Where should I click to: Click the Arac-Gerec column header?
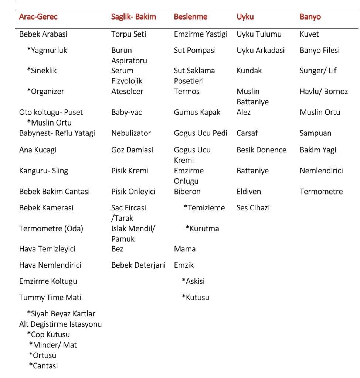[38, 17]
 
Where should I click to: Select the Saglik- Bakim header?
[133, 17]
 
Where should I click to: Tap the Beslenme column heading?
[190, 17]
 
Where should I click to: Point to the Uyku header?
[245, 17]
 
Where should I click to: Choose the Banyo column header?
[310, 17]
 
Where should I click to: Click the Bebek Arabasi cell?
[43, 34]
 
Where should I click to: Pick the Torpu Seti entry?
[129, 34]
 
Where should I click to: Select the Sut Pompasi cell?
[195, 51]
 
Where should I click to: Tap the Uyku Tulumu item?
[259, 34]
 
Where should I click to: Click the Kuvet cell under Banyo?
[309, 34]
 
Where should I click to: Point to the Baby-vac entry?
[127, 112]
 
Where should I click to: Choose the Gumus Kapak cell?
[197, 112]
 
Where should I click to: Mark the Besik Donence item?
[261, 150]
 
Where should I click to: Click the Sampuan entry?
[315, 133]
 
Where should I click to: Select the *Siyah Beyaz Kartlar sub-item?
[61, 314]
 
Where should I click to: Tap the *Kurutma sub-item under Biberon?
[202, 228]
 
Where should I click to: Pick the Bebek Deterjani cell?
[138, 265]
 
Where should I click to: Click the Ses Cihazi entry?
[253, 208]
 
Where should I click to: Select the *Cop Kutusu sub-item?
[48, 335]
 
